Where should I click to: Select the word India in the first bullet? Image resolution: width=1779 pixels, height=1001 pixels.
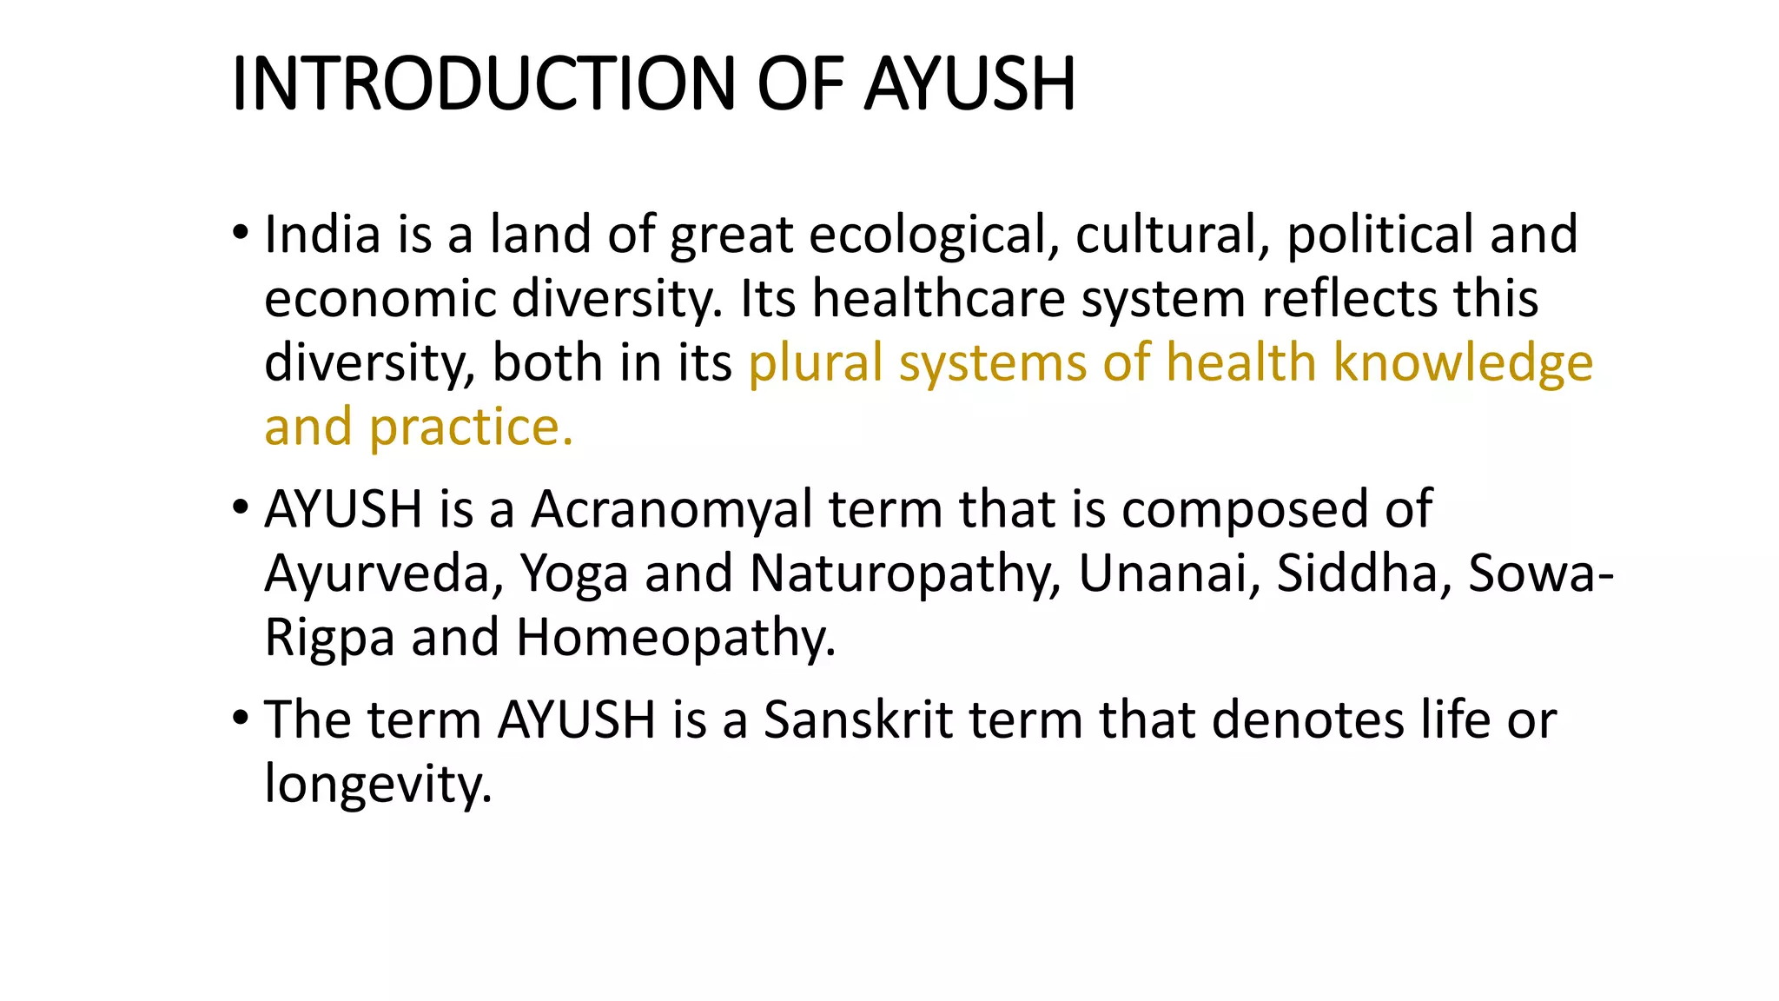click(322, 235)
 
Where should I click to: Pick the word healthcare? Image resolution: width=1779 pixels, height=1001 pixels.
click(938, 299)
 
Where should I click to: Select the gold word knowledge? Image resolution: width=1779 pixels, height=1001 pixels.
click(1463, 363)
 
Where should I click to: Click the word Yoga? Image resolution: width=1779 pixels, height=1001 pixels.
click(573, 575)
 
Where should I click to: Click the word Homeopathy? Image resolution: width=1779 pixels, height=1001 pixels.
click(676, 639)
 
